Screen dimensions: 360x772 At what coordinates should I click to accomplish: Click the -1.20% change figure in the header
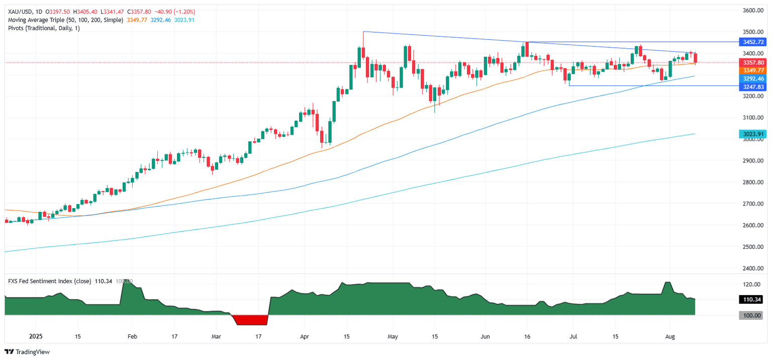[x=185, y=12]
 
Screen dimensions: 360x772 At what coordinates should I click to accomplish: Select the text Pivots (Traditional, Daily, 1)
[x=44, y=28]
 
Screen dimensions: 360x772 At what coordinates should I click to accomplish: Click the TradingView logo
[x=27, y=352]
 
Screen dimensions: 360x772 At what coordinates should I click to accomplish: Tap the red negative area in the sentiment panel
[x=249, y=320]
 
